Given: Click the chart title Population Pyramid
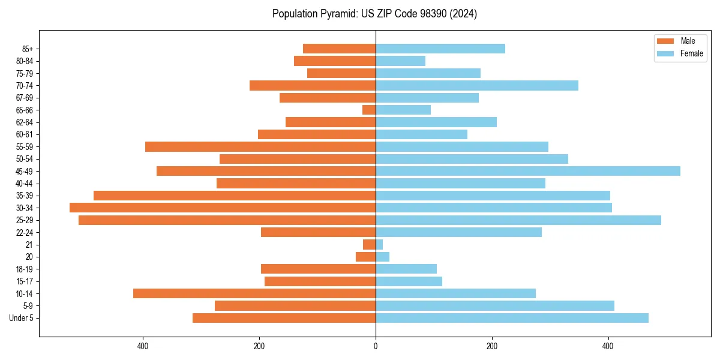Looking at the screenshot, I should pyautogui.click(x=374, y=14).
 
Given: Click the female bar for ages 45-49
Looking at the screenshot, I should pyautogui.click(x=527, y=171).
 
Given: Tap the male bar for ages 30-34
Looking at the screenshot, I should pyautogui.click(x=223, y=208).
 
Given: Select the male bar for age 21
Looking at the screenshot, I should pyautogui.click(x=370, y=245).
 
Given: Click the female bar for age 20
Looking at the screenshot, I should pyautogui.click(x=382, y=257).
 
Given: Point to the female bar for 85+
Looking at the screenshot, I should pyautogui.click(x=440, y=49).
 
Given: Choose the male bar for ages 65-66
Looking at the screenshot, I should pyautogui.click(x=369, y=110).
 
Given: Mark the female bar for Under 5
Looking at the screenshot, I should pyautogui.click(x=512, y=318).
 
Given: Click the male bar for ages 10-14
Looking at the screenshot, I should pyautogui.click(x=254, y=293).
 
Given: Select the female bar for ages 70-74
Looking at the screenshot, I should pyautogui.click(x=476, y=85).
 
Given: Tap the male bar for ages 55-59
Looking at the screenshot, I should pyautogui.click(x=260, y=146).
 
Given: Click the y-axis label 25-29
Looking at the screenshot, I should pyautogui.click(x=25, y=220).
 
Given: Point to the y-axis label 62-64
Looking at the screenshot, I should pyautogui.click(x=25, y=122).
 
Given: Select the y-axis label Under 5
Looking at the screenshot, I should pyautogui.click(x=22, y=318).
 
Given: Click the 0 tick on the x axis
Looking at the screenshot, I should pyautogui.click(x=376, y=346).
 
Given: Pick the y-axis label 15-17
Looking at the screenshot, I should pyautogui.click(x=25, y=281).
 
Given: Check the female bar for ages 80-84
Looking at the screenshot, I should pyautogui.click(x=400, y=61).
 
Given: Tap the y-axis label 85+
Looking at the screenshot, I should pyautogui.click(x=27, y=49).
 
